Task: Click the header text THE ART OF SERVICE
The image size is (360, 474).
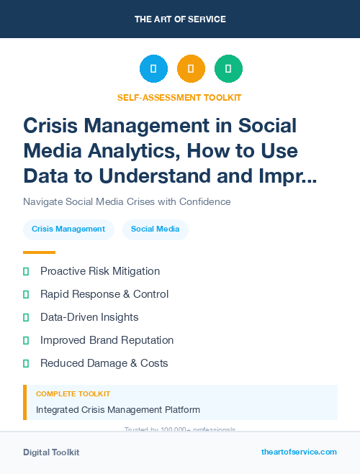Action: pos(180,19)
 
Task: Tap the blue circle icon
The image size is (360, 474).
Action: pos(153,69)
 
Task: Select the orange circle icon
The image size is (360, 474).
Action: pos(191,69)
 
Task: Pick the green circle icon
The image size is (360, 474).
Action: pos(228,69)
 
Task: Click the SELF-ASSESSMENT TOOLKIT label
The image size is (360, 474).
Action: pos(179,97)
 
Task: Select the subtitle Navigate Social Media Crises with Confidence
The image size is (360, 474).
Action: pos(127,202)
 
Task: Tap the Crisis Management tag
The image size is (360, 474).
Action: pos(68,229)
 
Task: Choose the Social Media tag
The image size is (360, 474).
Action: pos(156,229)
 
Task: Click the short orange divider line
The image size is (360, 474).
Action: pos(39,252)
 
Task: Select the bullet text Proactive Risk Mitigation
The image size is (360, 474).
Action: pos(100,271)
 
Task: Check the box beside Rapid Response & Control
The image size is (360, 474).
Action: pos(26,294)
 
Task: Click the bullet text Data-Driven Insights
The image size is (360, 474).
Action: pos(89,317)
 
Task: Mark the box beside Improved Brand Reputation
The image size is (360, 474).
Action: pos(26,340)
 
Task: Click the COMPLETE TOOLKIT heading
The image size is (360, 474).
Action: pos(73,394)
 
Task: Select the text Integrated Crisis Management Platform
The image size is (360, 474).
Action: pos(118,410)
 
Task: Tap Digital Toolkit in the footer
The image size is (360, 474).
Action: pos(51,452)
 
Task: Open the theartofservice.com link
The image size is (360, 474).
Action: pos(299,452)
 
